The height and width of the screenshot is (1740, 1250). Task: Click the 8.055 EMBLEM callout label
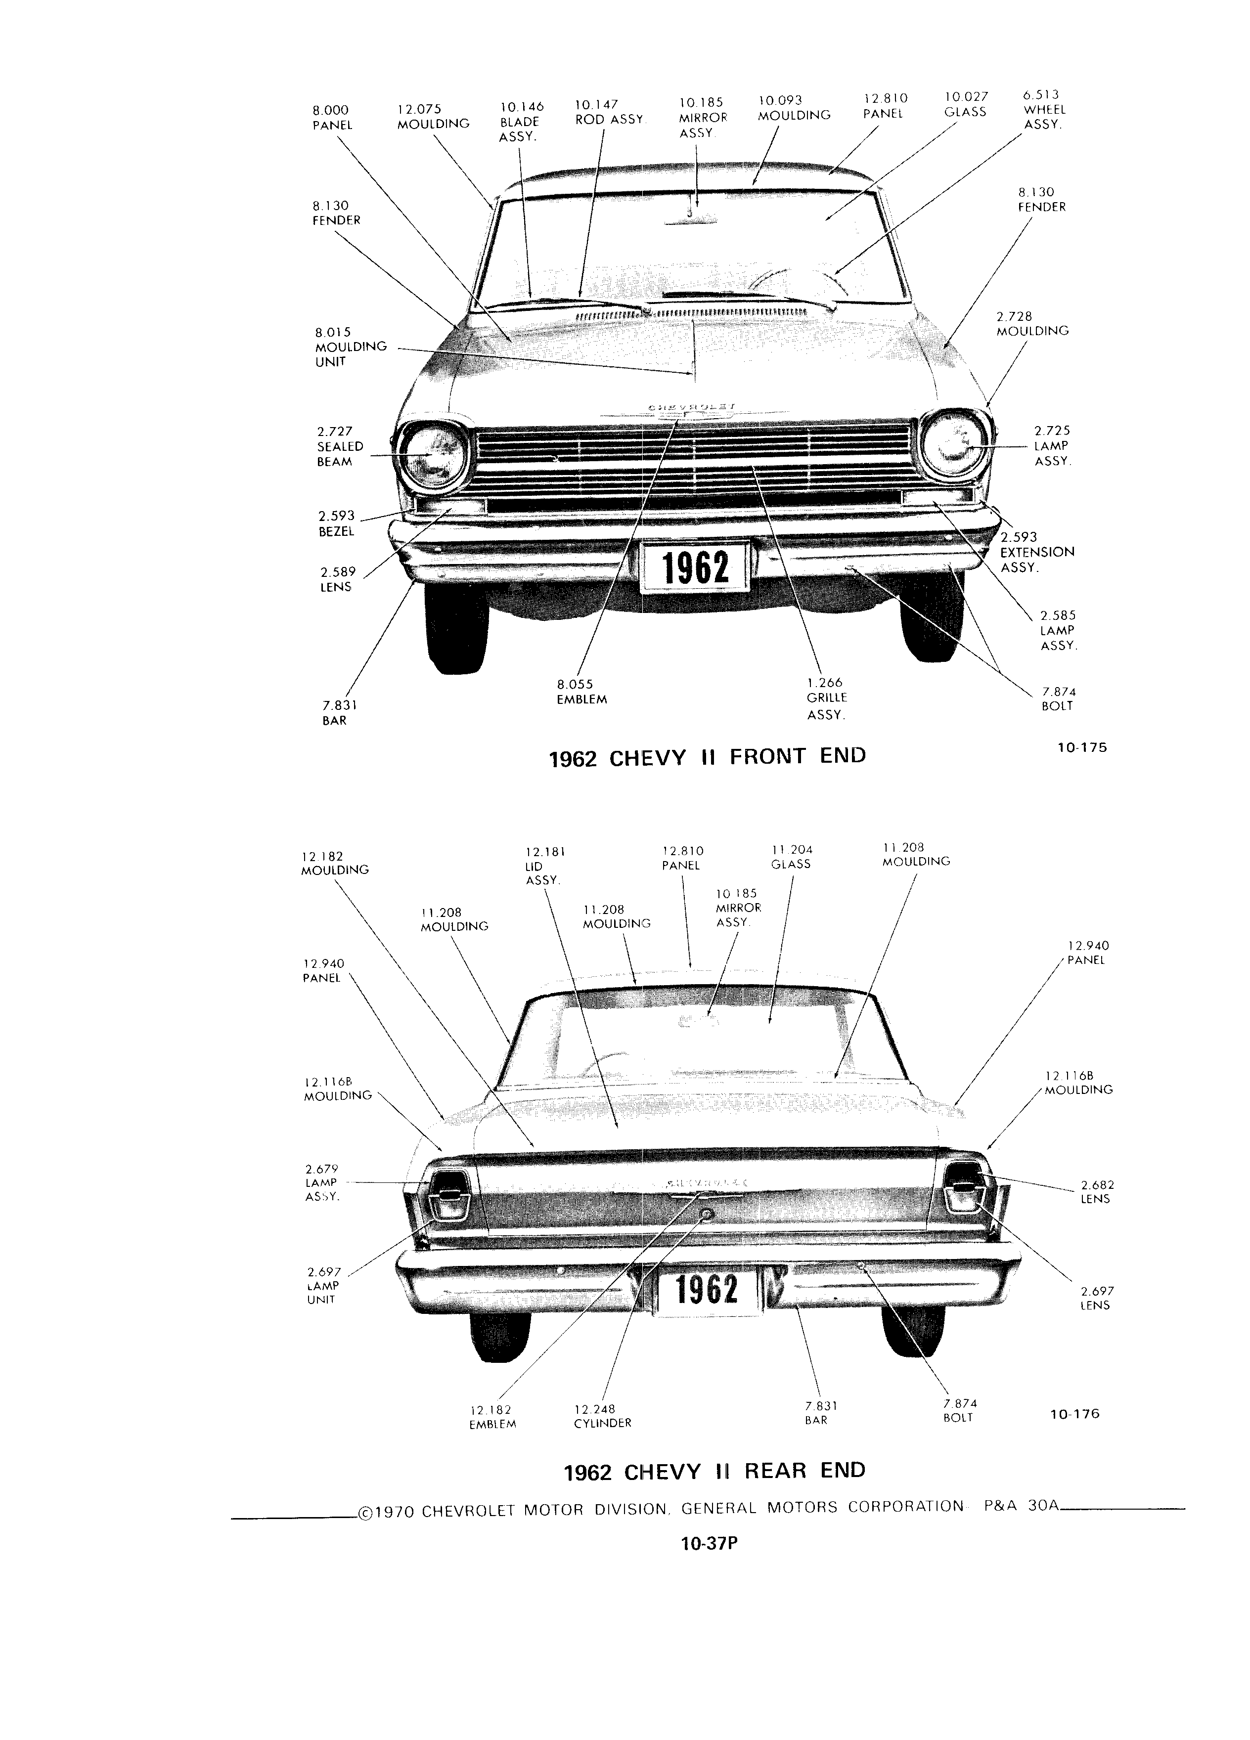click(581, 691)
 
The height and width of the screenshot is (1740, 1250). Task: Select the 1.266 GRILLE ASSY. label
click(826, 698)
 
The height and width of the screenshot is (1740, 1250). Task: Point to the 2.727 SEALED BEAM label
click(339, 446)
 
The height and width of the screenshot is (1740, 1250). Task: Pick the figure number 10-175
click(1081, 747)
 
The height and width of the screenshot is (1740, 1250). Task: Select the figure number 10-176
click(1074, 1414)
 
